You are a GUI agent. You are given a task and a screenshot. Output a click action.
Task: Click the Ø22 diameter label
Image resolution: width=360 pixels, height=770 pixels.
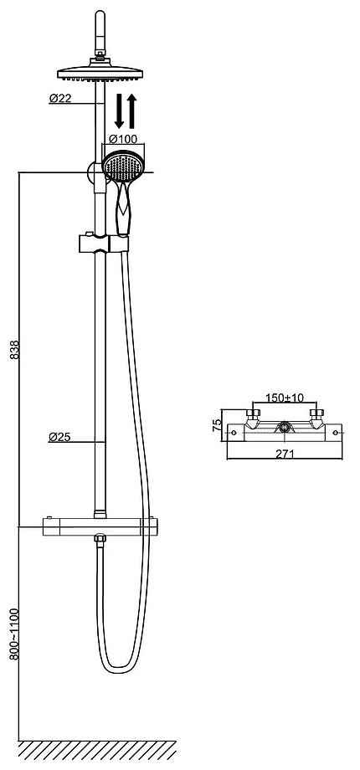(60, 98)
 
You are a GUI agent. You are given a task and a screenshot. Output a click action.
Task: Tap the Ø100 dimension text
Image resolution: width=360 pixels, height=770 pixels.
(123, 139)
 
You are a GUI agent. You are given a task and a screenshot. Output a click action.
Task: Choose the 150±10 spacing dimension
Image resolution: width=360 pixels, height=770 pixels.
(285, 398)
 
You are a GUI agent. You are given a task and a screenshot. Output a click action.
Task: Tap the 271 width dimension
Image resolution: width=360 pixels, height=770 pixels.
(285, 454)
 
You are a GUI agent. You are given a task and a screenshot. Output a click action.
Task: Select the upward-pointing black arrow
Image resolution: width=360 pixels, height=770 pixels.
(131, 111)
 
